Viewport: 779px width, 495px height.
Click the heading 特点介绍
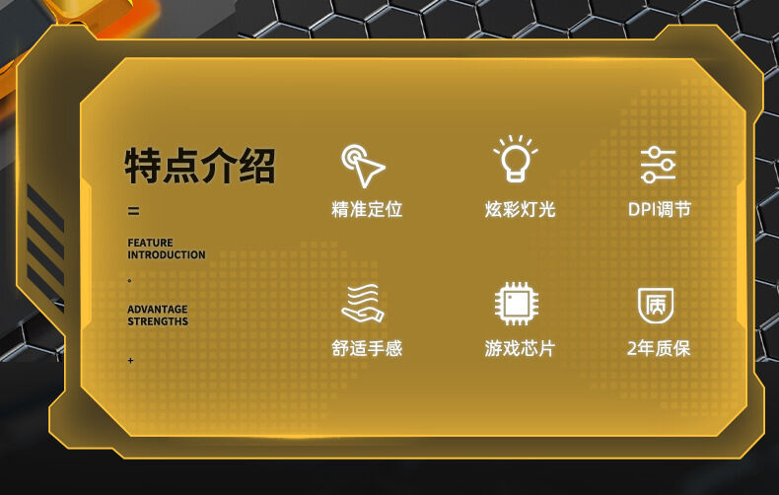200,166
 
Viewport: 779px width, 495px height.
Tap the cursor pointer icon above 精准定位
363,166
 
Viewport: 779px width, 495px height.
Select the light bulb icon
516,158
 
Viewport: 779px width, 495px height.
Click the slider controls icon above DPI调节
659,166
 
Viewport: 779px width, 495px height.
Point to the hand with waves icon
363,303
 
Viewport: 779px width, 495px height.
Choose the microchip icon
517,303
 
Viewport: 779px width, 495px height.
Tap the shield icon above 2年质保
656,305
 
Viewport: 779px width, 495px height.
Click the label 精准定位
367,209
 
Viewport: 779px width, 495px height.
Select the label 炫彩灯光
520,209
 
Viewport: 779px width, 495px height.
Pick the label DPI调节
660,209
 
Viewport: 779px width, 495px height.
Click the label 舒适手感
367,348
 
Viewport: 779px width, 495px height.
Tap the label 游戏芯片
520,348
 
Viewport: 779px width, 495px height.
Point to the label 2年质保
659,348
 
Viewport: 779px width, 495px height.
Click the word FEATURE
150,243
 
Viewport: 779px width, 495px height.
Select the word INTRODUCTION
167,254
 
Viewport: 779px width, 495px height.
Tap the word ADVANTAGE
158,309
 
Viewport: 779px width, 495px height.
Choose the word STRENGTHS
158,321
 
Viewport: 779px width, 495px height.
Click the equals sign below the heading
134,211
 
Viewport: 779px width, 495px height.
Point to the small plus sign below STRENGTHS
131,360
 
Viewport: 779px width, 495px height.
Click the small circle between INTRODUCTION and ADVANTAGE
129,281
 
